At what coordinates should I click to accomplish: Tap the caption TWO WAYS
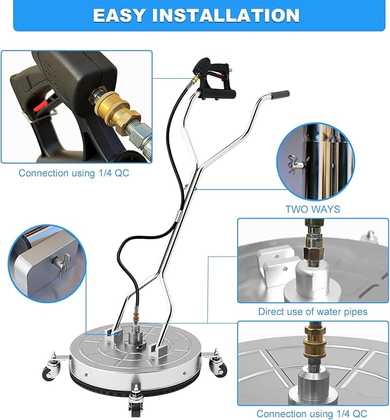point(312,209)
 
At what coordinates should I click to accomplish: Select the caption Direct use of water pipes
point(312,312)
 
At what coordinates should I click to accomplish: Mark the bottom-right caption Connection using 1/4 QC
point(312,413)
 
